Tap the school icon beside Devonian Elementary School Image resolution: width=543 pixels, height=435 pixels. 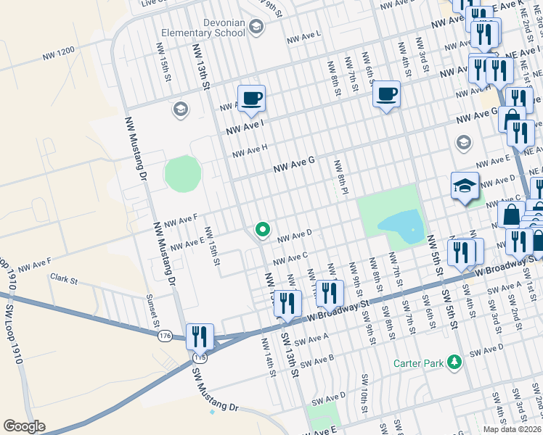[256, 27]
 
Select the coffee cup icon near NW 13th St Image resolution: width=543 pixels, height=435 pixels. [251, 98]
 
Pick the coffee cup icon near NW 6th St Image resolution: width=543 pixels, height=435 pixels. [386, 94]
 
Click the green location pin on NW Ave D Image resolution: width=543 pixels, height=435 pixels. [262, 231]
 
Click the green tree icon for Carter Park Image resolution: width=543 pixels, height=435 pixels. [454, 362]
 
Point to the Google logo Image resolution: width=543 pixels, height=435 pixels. [25, 426]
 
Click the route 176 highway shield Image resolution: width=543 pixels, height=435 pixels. [165, 336]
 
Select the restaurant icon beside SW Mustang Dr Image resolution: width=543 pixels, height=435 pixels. [200, 336]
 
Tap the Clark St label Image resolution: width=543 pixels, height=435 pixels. [63, 278]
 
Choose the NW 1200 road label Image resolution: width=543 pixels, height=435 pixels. [58, 51]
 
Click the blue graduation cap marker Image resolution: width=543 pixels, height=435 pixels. [465, 187]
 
